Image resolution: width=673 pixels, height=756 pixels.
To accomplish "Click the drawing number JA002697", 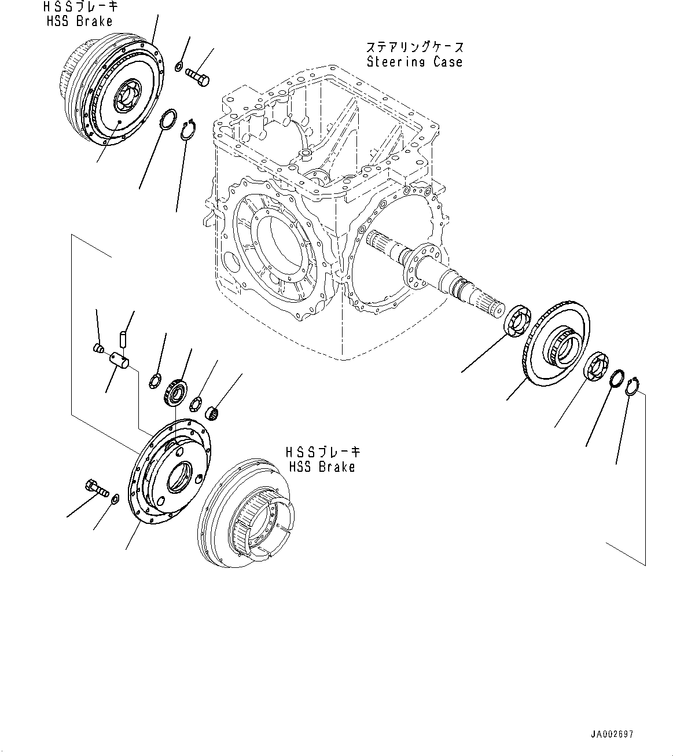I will click(x=612, y=735).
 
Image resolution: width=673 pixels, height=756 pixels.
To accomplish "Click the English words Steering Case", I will click(x=414, y=62).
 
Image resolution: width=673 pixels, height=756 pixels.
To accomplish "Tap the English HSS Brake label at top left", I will click(x=79, y=21).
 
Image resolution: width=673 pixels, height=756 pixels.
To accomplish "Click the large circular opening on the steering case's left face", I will click(x=277, y=249).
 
